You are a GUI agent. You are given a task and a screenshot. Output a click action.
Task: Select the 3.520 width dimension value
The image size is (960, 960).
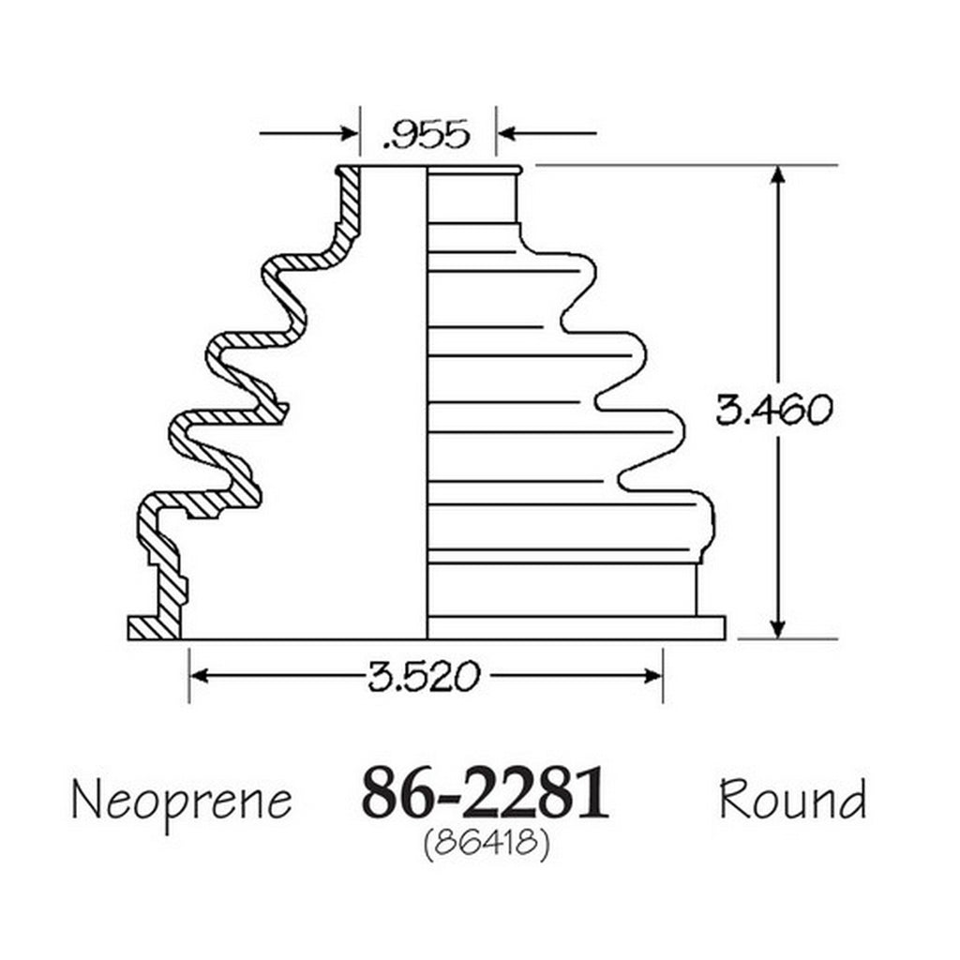click(424, 677)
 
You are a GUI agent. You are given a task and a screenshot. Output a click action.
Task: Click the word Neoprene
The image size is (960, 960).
click(182, 801)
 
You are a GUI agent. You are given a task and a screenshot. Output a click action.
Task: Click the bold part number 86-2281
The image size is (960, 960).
click(485, 793)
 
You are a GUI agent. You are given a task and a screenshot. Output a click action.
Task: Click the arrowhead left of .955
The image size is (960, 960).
click(348, 133)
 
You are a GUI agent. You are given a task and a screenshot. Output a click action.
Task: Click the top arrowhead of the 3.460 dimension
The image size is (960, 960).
click(777, 175)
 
